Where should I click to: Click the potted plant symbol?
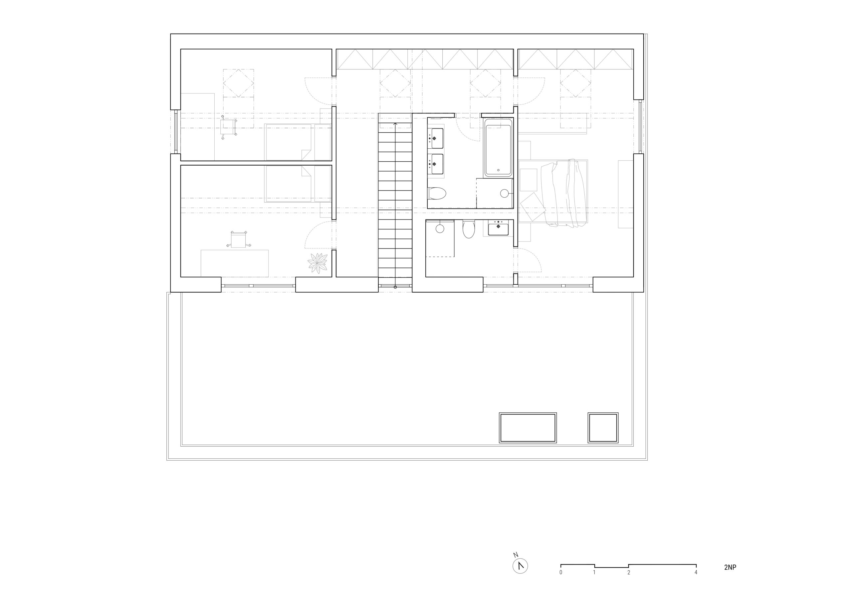pos(318,263)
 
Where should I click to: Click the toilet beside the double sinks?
pos(437,193)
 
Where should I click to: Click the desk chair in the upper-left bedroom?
pos(228,127)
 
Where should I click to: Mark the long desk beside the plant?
pos(235,263)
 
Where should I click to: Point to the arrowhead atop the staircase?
pos(395,125)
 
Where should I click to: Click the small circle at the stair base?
pos(395,287)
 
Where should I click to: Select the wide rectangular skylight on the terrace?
pos(528,428)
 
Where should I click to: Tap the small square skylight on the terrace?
pos(603,428)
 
